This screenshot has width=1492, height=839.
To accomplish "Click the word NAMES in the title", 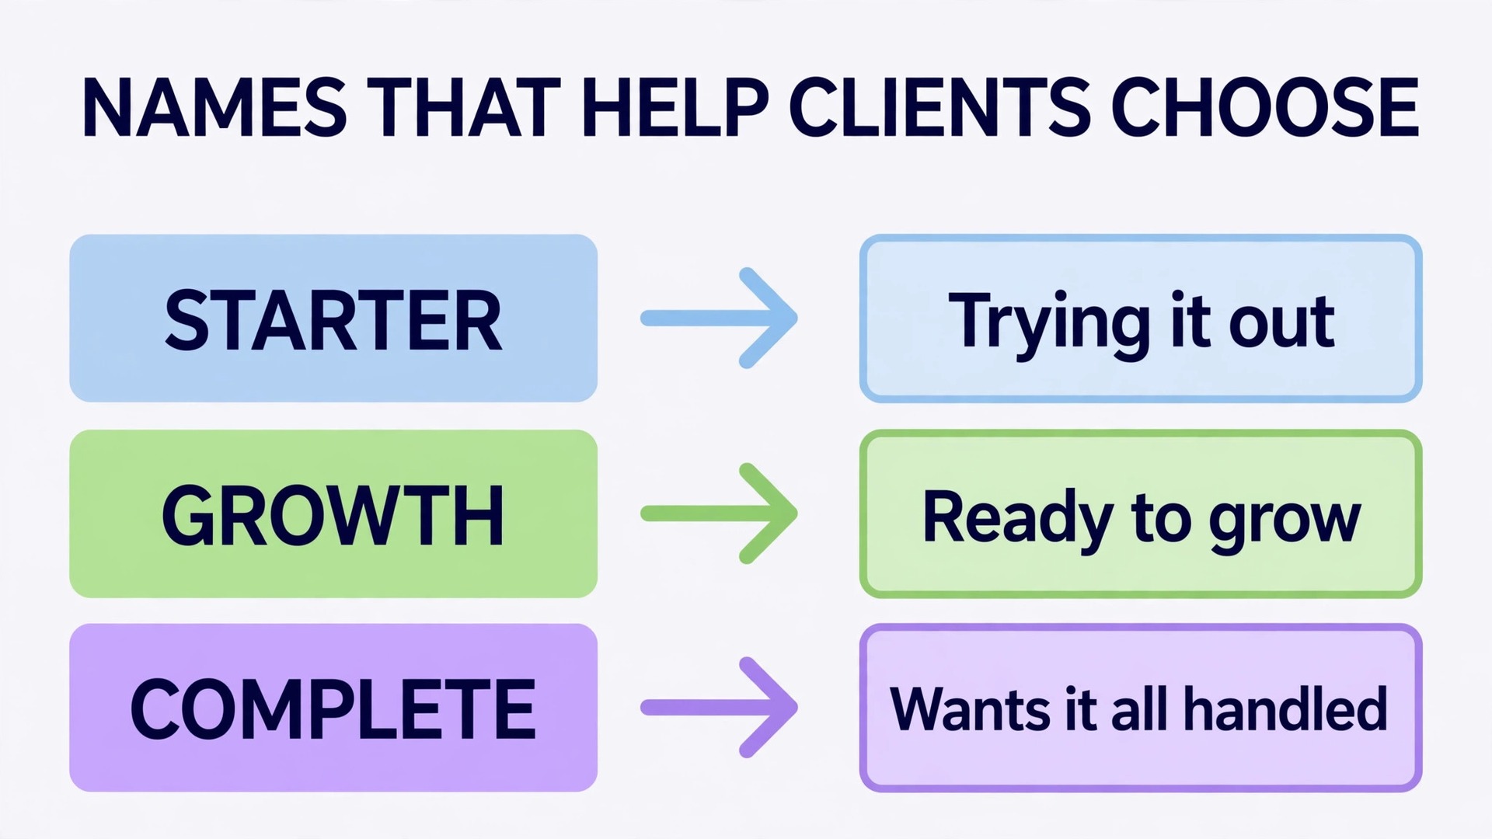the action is [x=214, y=107].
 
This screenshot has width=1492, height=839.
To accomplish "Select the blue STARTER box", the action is [x=333, y=318].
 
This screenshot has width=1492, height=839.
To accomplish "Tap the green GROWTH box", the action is [x=333, y=513].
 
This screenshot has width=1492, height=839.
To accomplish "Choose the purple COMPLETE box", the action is [x=333, y=708].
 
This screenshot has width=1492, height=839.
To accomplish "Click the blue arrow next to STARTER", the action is [x=719, y=318].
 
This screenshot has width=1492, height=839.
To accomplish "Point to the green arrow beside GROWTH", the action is [x=719, y=513].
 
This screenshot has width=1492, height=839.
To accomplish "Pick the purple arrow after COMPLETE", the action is [x=719, y=707].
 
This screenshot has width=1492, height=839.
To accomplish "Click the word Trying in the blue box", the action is [x=1049, y=325].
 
